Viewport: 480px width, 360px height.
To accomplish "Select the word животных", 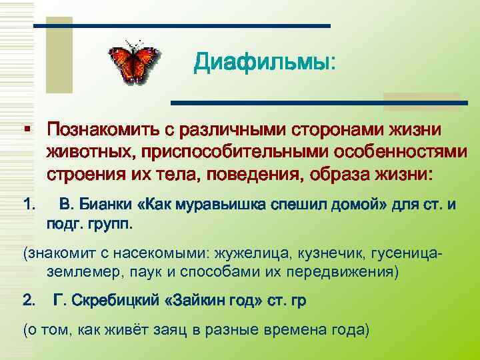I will coord(86,152).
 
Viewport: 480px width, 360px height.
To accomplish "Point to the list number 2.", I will coord(28,301).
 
